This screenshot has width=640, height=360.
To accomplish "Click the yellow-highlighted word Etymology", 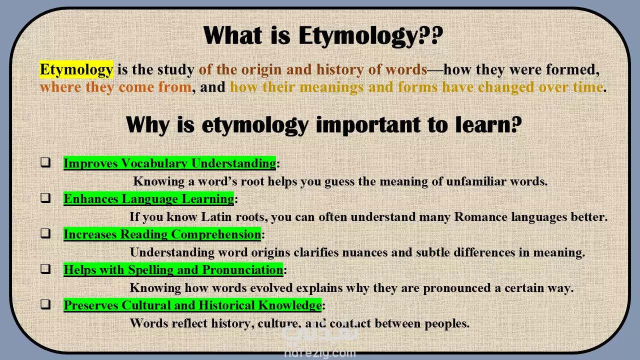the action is (76, 69).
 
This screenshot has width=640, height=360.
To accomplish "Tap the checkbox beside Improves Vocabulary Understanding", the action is (45, 162).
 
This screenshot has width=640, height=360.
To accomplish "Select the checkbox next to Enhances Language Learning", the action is (45, 198).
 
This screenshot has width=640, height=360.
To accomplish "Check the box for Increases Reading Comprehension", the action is (45, 233).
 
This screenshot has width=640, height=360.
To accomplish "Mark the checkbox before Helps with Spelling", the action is (45, 269).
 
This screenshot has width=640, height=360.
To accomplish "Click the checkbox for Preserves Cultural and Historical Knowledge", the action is (45, 304).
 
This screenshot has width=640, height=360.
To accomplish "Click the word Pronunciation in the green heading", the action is (242, 269).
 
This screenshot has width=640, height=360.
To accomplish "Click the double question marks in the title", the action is (431, 35).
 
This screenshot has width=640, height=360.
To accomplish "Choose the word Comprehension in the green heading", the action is (216, 234).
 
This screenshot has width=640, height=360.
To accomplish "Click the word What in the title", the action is (232, 35).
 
